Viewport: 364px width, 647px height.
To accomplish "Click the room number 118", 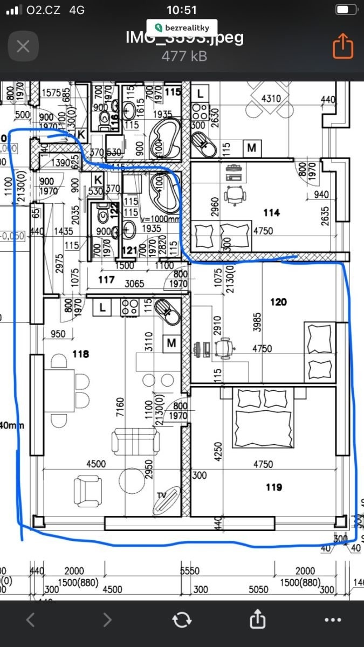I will click(80, 354).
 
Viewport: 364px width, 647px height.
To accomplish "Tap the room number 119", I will click(274, 487).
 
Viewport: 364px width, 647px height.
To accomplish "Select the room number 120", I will click(278, 302).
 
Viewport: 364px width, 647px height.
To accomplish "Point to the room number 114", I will click(271, 213).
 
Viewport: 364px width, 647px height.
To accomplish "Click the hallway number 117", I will click(106, 280).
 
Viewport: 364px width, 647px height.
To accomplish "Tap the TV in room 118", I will click(167, 500).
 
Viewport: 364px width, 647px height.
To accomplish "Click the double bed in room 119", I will click(264, 419).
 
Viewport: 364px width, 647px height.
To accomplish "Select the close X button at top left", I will click(23, 46).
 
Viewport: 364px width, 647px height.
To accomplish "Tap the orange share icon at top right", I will click(342, 46).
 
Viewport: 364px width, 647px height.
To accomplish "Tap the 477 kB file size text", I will click(184, 56).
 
